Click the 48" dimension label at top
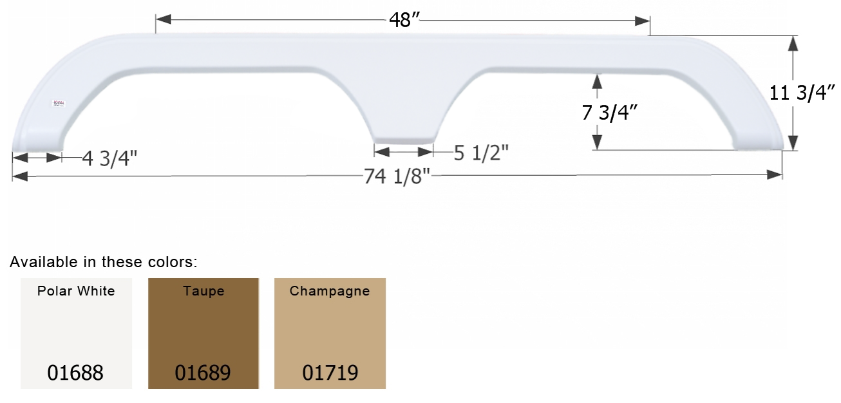click(404, 20)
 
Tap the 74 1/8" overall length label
click(397, 176)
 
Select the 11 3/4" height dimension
click(802, 93)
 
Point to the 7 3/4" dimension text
click(609, 112)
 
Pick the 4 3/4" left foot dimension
click(109, 158)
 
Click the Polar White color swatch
click(76, 333)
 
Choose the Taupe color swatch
click(203, 333)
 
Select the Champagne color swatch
click(330, 333)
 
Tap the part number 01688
click(75, 372)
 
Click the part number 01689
click(203, 372)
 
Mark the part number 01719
click(330, 372)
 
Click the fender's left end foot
click(37, 143)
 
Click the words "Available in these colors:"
click(103, 262)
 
